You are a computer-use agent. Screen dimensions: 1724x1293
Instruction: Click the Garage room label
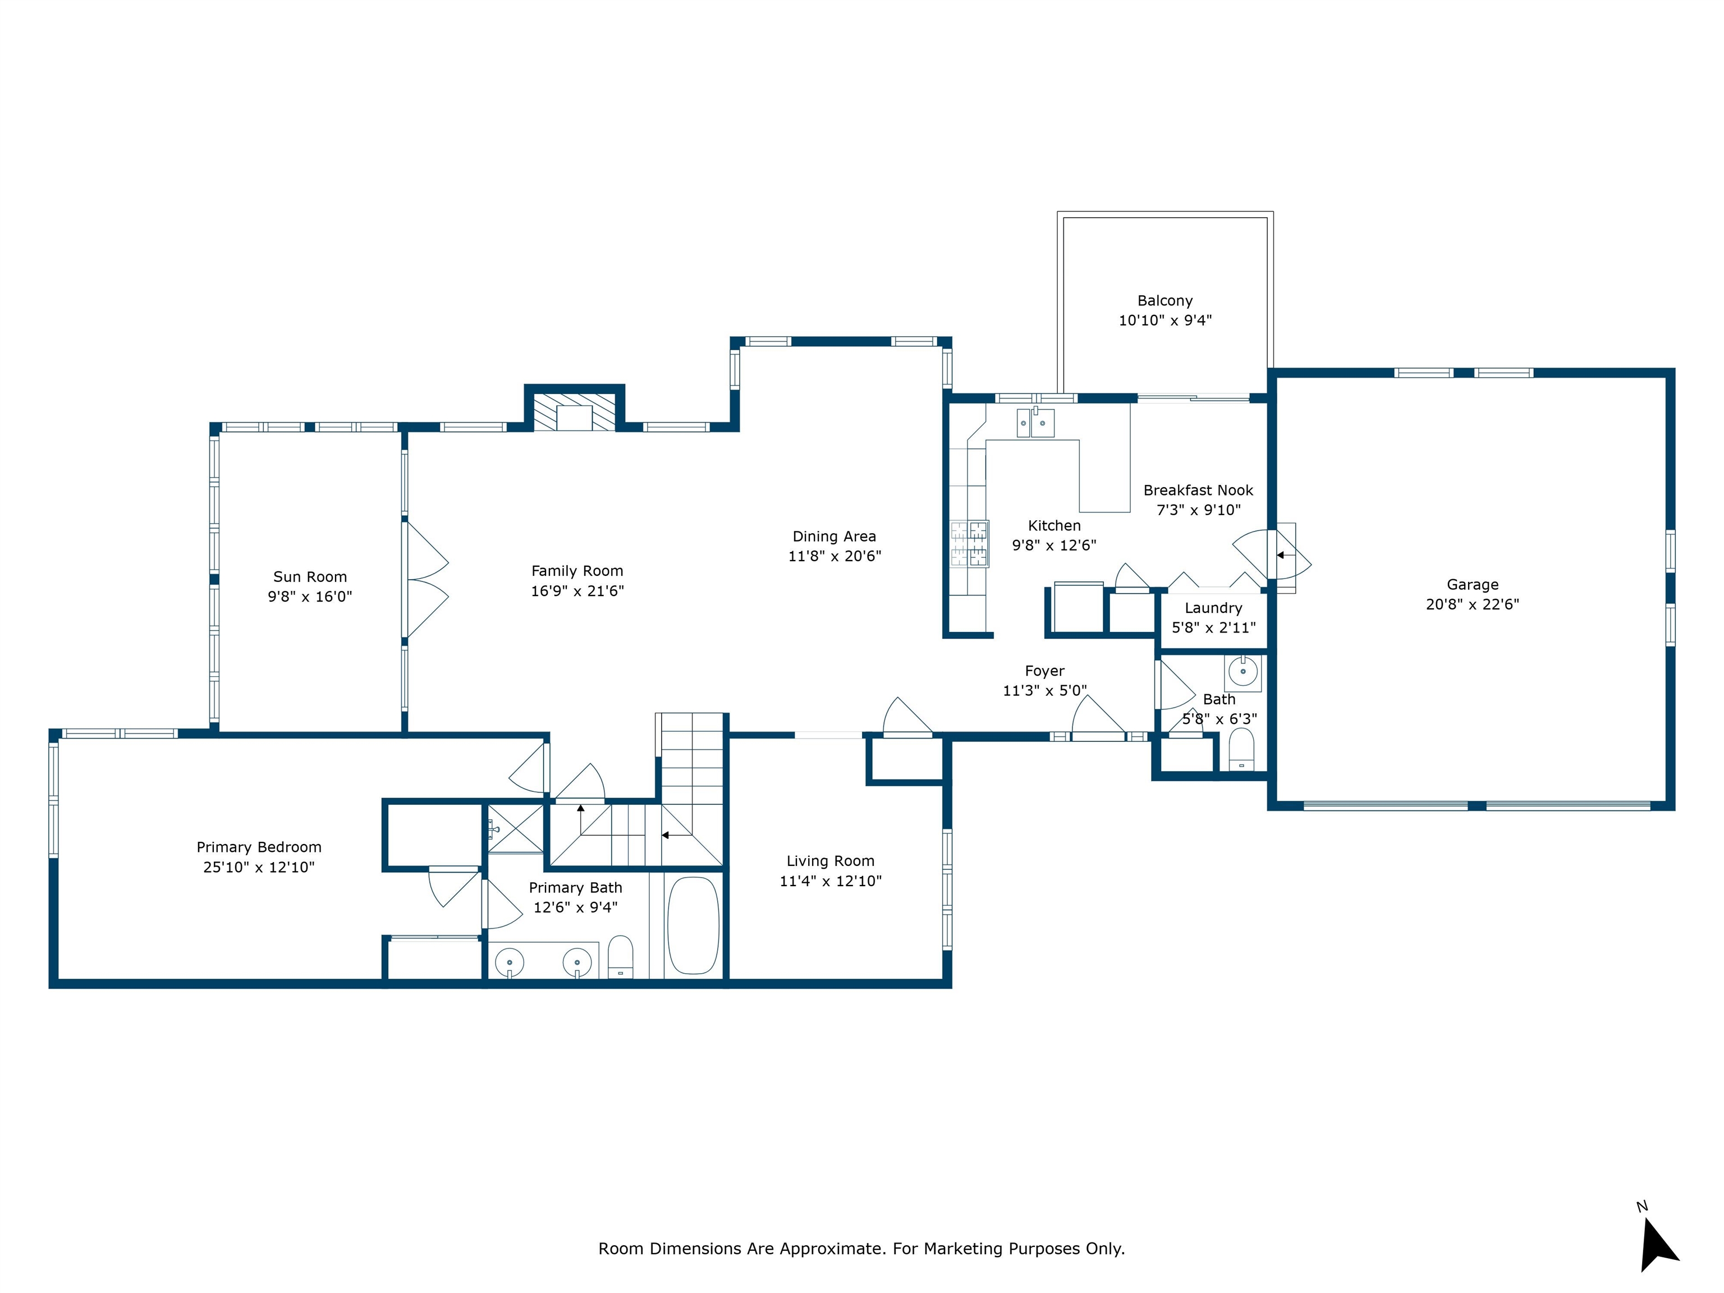click(1472, 585)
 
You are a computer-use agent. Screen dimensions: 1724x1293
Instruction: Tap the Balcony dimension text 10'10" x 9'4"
click(1165, 320)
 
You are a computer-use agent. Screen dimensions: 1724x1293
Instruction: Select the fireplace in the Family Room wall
click(575, 411)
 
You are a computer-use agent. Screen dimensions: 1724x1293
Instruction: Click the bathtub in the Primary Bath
click(693, 926)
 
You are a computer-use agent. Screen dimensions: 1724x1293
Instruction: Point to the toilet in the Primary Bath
click(620, 956)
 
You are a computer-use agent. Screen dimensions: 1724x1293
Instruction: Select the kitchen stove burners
click(969, 544)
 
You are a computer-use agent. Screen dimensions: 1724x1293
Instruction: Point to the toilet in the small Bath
click(1241, 749)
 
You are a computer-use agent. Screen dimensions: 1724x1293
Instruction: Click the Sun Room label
click(310, 577)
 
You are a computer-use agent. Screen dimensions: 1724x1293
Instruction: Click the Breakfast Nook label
click(1199, 490)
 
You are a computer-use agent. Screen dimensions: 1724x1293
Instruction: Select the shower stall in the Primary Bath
click(515, 829)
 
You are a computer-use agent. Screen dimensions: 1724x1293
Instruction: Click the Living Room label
click(830, 861)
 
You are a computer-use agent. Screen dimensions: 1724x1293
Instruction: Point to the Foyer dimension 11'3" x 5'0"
click(1044, 690)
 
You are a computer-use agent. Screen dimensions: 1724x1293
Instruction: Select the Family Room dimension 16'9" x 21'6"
click(577, 591)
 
